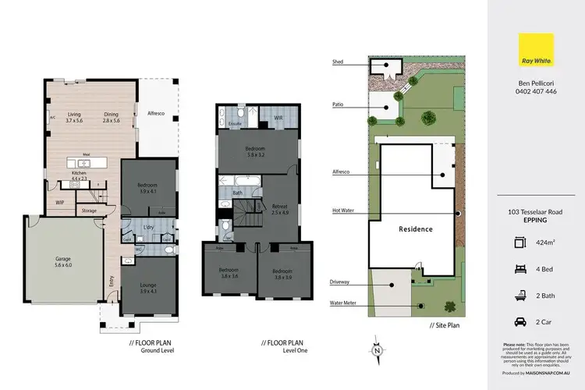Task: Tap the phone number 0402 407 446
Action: (x=537, y=91)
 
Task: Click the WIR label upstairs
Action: (x=278, y=118)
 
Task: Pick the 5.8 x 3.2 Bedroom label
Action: (x=256, y=151)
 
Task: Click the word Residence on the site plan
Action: (x=416, y=230)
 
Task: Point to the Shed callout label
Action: (x=337, y=61)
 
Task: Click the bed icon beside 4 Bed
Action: (x=519, y=268)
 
